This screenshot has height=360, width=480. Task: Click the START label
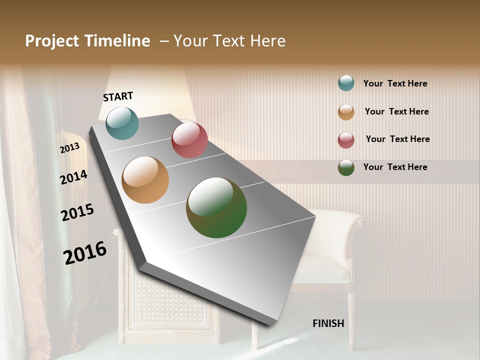118,96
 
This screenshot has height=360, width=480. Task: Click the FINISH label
328,323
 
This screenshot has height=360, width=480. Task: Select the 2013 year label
70,148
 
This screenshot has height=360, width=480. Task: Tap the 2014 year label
74,177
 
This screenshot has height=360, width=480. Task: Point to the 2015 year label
77,212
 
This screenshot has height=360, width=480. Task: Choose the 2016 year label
85,253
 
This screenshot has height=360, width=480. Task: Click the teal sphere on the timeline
122,123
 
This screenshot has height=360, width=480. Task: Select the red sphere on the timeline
189,139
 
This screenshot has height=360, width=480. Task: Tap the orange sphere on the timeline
145,180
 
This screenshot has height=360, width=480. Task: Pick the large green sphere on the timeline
216,207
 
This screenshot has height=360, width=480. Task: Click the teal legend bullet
346,83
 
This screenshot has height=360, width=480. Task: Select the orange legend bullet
346,112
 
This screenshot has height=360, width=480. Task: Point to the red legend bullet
346,140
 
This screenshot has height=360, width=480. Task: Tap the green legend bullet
346,167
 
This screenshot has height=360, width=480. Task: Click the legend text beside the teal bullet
395,83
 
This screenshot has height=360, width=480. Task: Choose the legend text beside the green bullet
395,167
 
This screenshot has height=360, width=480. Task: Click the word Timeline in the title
118,41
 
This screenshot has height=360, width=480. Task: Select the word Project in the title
51,41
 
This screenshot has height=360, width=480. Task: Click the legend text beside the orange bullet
396,111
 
